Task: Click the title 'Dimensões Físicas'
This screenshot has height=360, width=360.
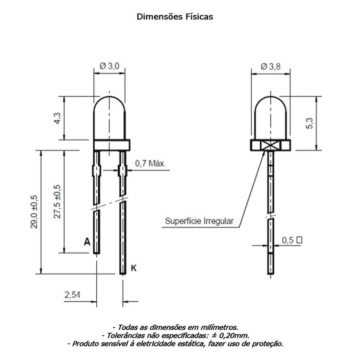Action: tap(175, 17)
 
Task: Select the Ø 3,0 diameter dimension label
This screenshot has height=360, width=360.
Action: tap(110, 66)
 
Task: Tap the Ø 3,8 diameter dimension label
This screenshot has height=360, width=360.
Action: tap(271, 66)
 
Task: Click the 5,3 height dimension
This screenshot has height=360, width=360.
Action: tap(310, 123)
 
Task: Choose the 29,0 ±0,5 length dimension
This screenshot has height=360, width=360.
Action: tap(34, 212)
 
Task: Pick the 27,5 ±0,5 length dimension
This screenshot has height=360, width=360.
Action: tap(57, 201)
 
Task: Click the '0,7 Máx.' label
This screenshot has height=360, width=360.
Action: tap(150, 164)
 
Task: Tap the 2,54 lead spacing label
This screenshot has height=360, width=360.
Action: tap(72, 295)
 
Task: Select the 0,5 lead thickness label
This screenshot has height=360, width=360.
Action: tap(288, 240)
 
